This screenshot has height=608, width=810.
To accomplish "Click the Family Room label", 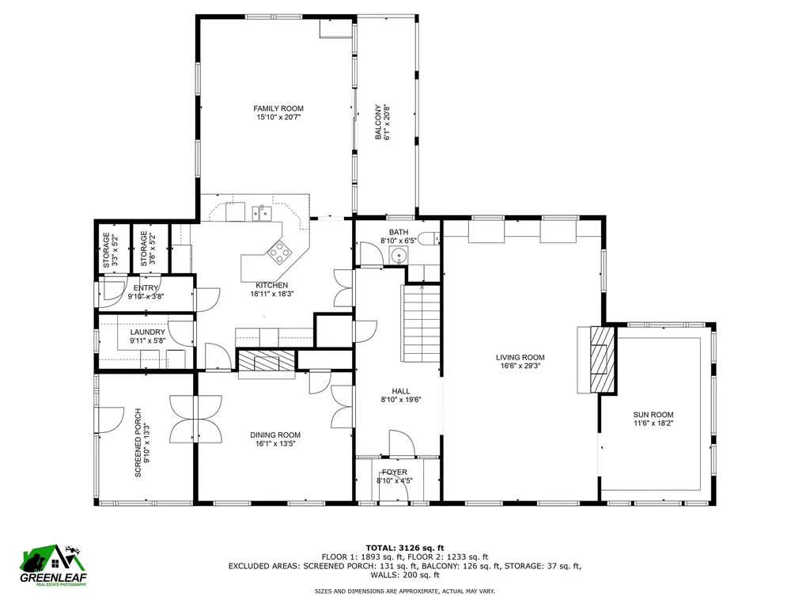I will coord(278,108).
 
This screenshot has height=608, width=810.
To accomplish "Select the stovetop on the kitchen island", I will coord(280,253).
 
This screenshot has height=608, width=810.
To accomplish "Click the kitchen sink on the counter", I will coord(260,213).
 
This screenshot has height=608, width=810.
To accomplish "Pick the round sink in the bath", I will coord(397,255).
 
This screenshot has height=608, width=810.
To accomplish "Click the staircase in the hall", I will coord(422,325).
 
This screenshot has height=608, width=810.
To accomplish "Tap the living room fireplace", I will coord(601,359).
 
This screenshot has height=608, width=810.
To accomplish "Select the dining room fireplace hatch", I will coord(267,361).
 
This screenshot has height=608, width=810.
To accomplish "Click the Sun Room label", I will coord(653,415).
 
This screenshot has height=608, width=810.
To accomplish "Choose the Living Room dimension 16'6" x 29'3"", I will coord(520,367).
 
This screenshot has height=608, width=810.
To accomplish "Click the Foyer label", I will coord(395,472).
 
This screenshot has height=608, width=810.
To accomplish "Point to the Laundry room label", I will coord(147,332).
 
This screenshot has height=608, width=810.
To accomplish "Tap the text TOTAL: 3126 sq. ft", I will coord(404,547).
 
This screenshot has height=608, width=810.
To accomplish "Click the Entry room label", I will coord(146,288).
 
